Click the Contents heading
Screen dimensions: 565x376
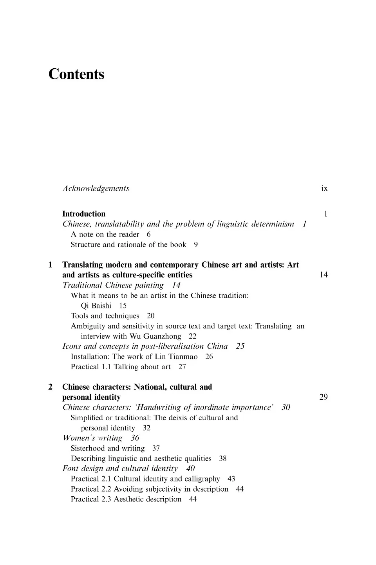(76, 74)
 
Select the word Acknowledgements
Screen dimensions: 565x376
(96, 188)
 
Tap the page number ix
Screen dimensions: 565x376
(324, 188)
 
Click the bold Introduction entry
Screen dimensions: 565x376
(84, 214)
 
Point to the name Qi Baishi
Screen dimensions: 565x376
(96, 306)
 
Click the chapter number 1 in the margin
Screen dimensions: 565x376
(50, 265)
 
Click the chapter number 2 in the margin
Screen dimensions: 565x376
(50, 387)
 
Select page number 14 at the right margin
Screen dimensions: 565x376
(324, 275)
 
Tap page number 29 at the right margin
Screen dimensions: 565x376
(324, 397)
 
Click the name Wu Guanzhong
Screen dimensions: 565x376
(155, 336)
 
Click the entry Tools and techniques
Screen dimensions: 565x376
(105, 316)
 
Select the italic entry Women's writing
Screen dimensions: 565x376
(92, 438)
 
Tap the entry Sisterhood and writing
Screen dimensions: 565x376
(108, 448)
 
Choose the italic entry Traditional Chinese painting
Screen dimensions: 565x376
(113, 285)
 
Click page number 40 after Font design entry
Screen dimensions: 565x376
(190, 468)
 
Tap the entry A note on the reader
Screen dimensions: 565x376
(105, 234)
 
